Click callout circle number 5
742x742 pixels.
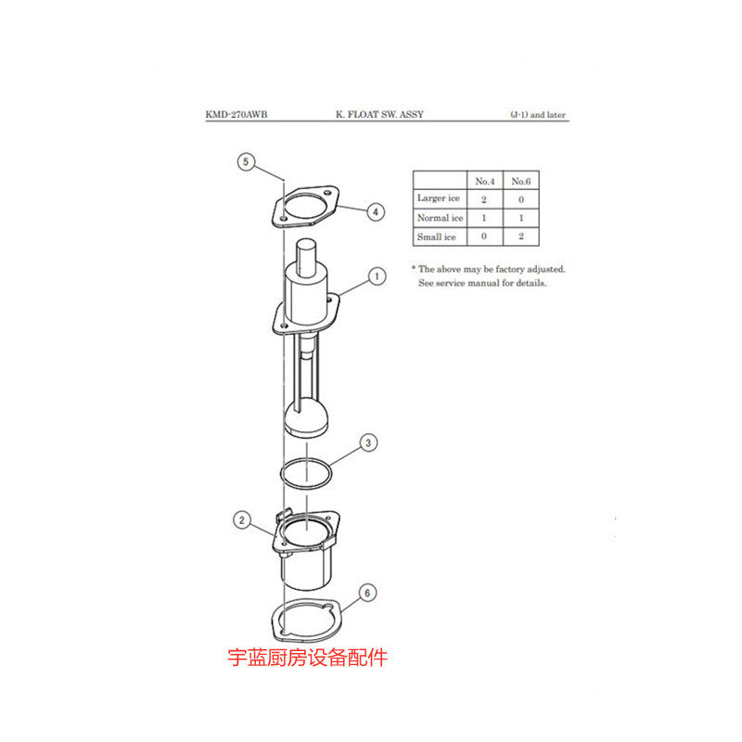(246, 161)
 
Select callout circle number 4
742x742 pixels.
(375, 212)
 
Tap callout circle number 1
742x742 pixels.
(377, 275)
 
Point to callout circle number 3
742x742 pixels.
(368, 443)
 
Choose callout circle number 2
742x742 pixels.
(242, 520)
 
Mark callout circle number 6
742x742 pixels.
(368, 591)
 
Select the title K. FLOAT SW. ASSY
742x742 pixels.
(379, 116)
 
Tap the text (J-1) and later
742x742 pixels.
(538, 116)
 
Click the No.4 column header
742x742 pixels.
(484, 180)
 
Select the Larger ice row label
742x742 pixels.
(439, 198)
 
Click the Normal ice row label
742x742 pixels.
(439, 218)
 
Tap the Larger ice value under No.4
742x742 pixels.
(484, 198)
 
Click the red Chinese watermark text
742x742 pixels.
(307, 659)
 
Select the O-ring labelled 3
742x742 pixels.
(307, 473)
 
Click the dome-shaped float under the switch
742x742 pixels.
(307, 419)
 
